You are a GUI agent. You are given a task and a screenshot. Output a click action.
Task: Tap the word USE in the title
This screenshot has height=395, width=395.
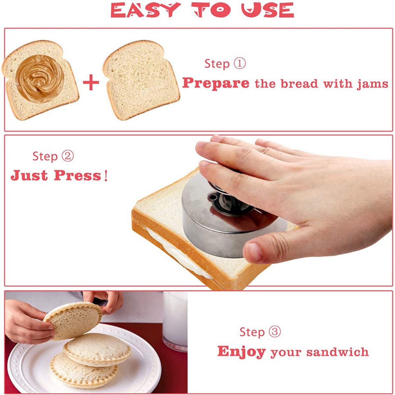click(268, 10)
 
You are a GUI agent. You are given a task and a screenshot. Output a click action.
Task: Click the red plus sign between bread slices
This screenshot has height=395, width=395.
click(91, 82)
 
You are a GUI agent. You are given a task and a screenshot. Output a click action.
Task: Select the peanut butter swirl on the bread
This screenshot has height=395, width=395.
click(39, 79)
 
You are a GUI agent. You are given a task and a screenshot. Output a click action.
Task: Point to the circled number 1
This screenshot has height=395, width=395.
click(240, 64)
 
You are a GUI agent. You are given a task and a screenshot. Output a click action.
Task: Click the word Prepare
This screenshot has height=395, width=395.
click(216, 83)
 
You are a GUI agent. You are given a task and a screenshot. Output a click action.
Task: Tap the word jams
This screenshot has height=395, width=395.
click(372, 84)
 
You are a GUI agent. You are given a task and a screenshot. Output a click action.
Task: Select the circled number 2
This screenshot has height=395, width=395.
click(67, 156)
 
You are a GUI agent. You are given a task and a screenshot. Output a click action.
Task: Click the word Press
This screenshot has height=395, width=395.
click(78, 176)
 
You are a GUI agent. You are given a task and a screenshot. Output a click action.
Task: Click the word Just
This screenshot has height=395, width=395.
click(29, 176)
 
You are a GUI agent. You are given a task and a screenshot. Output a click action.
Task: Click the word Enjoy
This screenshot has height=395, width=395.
click(242, 352)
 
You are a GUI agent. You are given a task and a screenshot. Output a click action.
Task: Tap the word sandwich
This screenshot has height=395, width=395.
click(337, 352)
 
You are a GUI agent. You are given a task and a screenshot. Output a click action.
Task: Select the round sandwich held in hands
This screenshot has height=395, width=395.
click(73, 321)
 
